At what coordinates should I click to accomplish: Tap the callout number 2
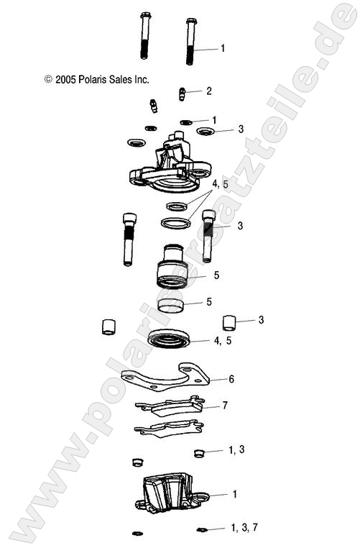tap(208, 91)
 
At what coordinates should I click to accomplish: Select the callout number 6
tap(231, 378)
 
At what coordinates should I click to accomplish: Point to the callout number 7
tap(225, 406)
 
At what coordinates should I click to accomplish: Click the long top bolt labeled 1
tap(190, 41)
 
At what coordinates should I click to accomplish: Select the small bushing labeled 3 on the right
tap(229, 321)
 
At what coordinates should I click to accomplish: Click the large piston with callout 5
tap(172, 267)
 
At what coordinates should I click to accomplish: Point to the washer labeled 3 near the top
tap(206, 131)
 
